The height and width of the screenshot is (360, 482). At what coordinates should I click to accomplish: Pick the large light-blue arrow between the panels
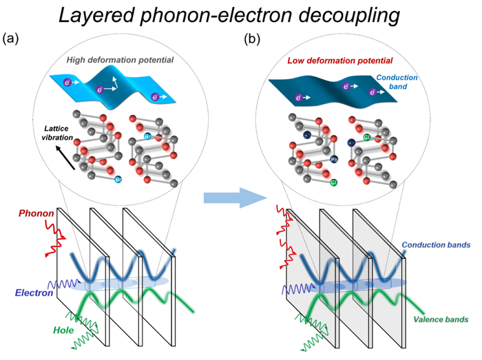(x=234, y=198)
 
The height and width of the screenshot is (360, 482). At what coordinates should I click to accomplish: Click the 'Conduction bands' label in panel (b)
(x=435, y=245)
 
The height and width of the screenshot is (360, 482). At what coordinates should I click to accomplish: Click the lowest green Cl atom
(x=334, y=182)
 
